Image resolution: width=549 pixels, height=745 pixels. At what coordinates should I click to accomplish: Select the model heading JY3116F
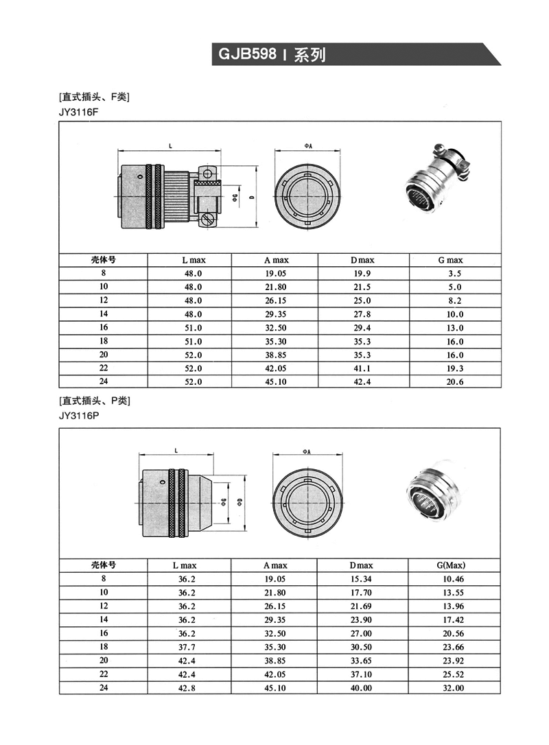click(80, 110)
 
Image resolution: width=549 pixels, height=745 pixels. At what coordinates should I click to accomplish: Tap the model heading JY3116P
click(80, 415)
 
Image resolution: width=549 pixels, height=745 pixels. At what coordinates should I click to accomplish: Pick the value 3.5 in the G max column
click(455, 273)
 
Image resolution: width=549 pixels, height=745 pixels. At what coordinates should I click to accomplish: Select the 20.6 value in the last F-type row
click(455, 382)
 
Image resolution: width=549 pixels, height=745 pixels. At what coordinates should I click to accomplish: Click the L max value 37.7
click(187, 646)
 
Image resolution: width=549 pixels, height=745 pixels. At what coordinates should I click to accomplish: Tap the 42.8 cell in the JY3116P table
click(187, 687)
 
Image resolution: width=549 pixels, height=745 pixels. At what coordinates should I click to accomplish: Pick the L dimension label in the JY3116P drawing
click(176, 450)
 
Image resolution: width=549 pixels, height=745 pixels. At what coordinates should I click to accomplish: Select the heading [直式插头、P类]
click(95, 401)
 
